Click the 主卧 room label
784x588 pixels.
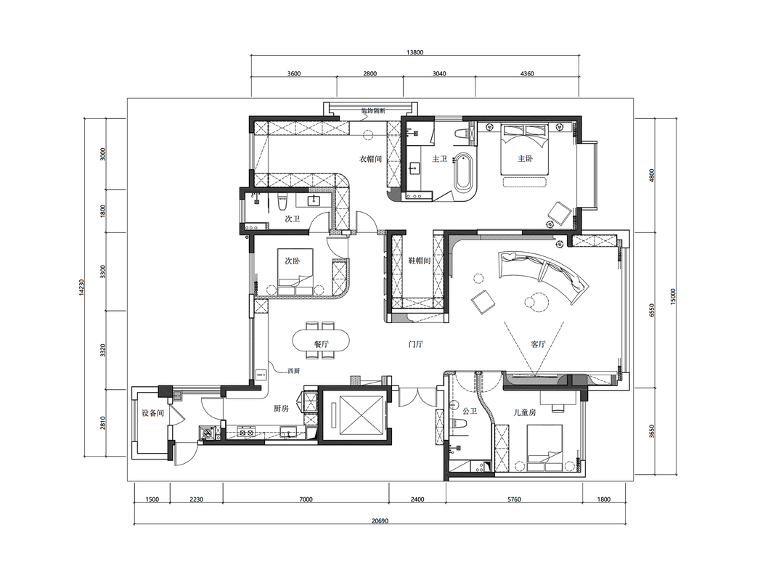[x=525, y=158]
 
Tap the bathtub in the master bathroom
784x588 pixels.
[x=463, y=172]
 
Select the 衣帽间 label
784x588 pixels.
[x=370, y=159]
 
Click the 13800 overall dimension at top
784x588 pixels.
[x=415, y=52]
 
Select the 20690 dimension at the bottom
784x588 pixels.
[x=380, y=520]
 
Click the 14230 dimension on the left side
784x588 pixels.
[x=81, y=287]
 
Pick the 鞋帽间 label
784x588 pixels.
[x=419, y=261]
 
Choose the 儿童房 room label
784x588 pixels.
[x=525, y=412]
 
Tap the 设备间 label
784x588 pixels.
[x=153, y=413]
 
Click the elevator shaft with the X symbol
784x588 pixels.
[x=354, y=415]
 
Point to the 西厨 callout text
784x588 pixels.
[x=293, y=371]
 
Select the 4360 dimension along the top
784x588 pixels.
[x=527, y=73]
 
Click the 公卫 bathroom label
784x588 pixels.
[x=470, y=411]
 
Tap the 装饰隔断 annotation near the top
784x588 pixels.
[x=374, y=111]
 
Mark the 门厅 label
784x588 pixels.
[x=415, y=344]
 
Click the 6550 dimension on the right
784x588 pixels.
[x=651, y=310]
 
